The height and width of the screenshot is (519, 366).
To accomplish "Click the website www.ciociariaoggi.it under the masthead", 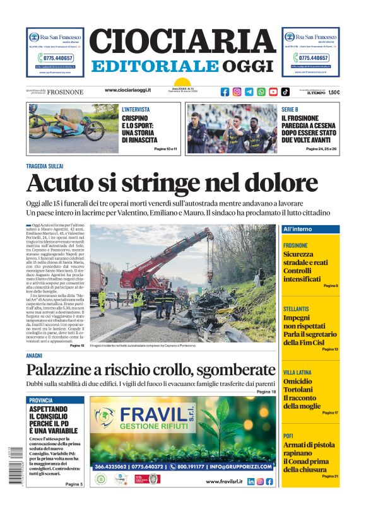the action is [133, 91].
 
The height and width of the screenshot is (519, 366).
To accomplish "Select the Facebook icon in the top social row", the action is [225, 91].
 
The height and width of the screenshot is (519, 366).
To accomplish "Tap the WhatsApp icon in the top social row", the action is [261, 91].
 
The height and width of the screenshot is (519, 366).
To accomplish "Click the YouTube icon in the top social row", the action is [273, 91].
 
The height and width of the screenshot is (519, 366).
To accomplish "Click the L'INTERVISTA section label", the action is [136, 109].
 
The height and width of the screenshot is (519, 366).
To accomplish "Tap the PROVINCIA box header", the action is [42, 400].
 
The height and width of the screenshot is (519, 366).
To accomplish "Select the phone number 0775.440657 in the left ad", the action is [55, 58].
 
